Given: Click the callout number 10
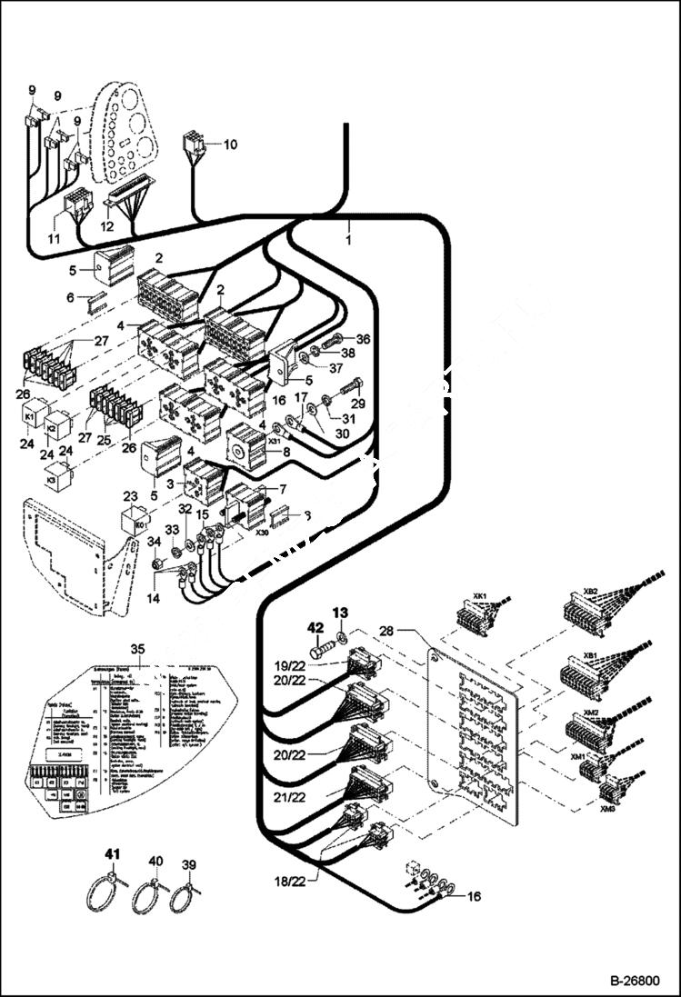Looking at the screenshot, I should pyautogui.click(x=230, y=144).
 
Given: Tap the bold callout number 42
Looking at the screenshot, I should pyautogui.click(x=315, y=626).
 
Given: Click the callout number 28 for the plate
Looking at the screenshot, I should pyautogui.click(x=386, y=630).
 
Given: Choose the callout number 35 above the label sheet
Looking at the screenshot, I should pyautogui.click(x=137, y=648).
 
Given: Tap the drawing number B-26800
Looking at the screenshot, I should pyautogui.click(x=633, y=982).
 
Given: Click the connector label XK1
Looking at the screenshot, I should pyautogui.click(x=480, y=596).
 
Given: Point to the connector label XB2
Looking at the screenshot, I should pyautogui.click(x=590, y=591).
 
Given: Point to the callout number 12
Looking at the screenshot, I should pyautogui.click(x=106, y=225).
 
